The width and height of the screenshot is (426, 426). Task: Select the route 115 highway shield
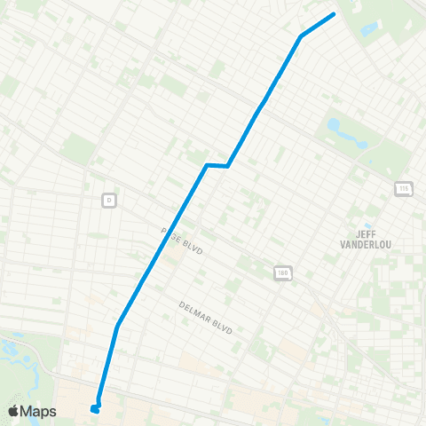[404, 189]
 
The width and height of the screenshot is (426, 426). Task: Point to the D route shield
[109, 199]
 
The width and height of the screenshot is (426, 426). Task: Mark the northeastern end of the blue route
[334, 14]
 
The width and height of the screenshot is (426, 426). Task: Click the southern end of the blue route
[94, 409]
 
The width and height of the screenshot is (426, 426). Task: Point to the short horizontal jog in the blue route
[217, 165]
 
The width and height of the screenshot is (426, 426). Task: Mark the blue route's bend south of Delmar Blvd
[117, 326]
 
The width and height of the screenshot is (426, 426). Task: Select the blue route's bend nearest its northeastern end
[302, 36]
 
